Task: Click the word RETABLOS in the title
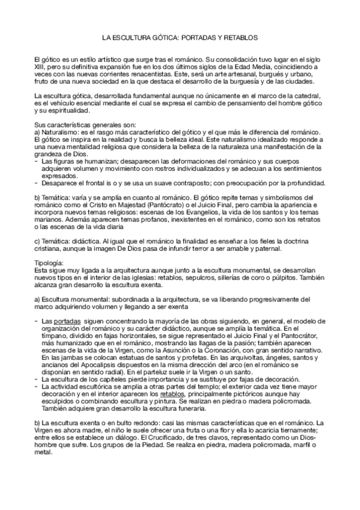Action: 242,37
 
